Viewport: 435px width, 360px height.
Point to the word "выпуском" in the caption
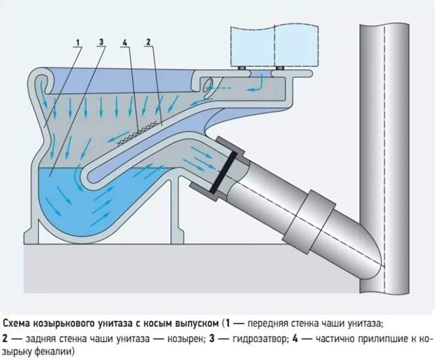[194, 324]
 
